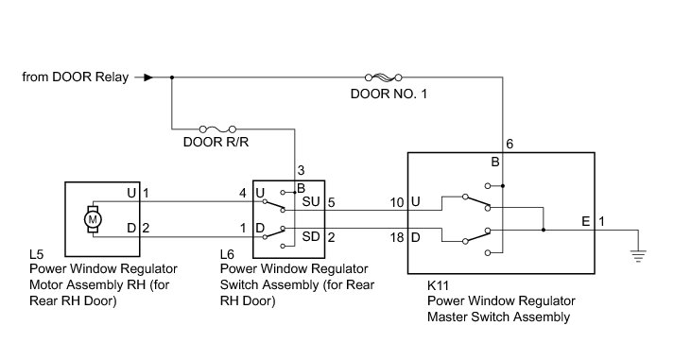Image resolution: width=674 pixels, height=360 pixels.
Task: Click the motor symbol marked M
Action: [93, 219]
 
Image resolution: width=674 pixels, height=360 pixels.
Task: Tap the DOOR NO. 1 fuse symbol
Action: [384, 77]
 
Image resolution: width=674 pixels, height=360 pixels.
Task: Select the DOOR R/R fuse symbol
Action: [218, 129]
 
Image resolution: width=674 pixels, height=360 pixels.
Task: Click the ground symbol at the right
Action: [638, 255]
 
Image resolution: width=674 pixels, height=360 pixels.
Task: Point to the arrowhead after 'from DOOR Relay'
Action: [148, 77]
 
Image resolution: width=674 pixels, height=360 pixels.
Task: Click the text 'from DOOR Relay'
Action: [76, 77]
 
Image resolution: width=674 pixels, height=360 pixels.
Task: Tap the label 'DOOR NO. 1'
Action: [389, 94]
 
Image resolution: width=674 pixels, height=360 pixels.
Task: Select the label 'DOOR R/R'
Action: [216, 142]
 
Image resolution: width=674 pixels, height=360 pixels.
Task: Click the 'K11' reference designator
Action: [438, 285]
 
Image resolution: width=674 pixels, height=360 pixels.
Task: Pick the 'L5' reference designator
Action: [37, 254]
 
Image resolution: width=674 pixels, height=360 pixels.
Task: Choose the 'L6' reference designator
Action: [227, 254]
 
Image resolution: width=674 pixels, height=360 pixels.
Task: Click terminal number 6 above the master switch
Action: [510, 144]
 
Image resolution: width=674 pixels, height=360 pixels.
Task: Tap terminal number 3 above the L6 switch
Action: [301, 170]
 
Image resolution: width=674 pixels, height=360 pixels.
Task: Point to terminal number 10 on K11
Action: [397, 202]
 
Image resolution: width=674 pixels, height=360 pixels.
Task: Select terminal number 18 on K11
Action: [397, 237]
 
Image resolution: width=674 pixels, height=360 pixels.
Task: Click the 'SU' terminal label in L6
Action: [311, 201]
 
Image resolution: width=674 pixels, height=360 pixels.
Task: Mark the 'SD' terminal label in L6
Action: [311, 237]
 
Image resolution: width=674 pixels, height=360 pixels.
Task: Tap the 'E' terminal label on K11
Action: [585, 222]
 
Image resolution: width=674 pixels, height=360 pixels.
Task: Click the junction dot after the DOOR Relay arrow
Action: [172, 77]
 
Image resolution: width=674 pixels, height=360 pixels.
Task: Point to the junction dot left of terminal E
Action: [544, 230]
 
